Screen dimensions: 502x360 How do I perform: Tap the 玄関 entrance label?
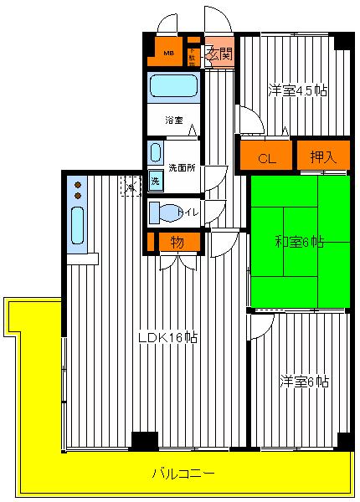click(x=218, y=53)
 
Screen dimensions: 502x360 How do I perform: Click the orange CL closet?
click(x=267, y=157)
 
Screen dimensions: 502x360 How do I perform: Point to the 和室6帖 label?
click(x=300, y=243)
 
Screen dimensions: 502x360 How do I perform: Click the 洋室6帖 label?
click(x=304, y=382)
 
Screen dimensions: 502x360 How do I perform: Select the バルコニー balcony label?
click(x=183, y=474)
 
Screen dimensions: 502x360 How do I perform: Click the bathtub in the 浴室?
click(x=172, y=87)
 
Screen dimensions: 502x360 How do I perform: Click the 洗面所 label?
click(x=180, y=166)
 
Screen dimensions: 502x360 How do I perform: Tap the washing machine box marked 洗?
click(x=155, y=181)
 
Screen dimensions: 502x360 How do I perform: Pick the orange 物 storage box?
click(x=177, y=242)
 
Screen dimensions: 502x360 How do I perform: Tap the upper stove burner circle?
click(x=77, y=184)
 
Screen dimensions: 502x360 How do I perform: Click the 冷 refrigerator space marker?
click(x=131, y=186)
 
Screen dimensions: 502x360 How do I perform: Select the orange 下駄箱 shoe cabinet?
click(x=192, y=54)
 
